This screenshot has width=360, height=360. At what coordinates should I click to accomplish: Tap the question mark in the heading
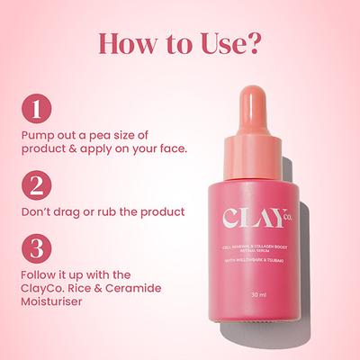(256, 44)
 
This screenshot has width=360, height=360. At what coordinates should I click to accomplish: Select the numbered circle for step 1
(35, 110)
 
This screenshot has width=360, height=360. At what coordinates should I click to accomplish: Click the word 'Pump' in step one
(37, 134)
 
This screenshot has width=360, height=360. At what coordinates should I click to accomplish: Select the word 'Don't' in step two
(37, 212)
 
